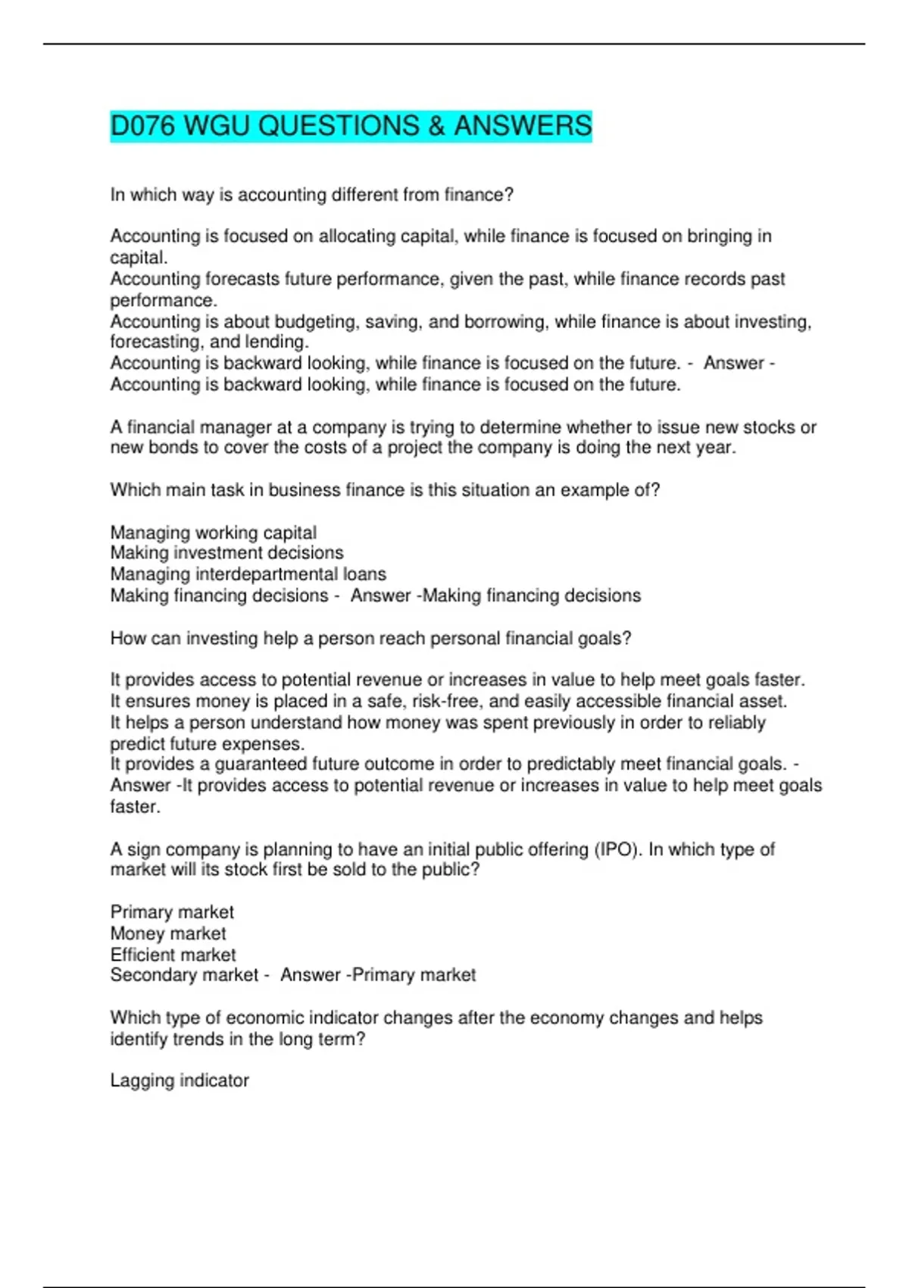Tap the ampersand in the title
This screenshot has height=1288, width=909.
pos(436,126)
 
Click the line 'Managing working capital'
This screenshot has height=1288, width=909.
pos(214,533)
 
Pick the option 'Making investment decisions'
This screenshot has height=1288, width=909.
pos(226,553)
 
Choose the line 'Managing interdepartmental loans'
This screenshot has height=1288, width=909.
pos(248,574)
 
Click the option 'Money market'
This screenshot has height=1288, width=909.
pos(168,933)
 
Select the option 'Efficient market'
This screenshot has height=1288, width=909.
pos(173,955)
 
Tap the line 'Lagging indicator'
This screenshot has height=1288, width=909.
pos(180,1080)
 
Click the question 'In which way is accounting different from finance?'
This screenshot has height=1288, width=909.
pos(312,195)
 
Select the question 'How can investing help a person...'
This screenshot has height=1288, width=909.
pos(370,639)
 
